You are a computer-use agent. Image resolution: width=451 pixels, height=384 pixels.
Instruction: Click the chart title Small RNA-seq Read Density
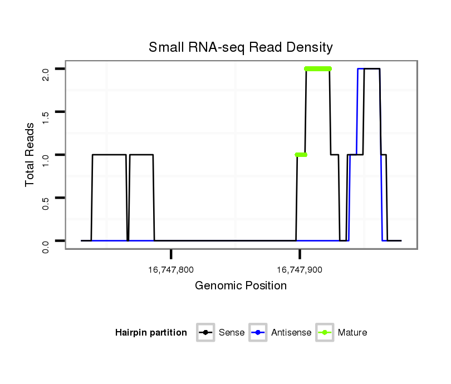(241, 47)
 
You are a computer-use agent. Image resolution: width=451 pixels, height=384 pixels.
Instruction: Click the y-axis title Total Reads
(31, 155)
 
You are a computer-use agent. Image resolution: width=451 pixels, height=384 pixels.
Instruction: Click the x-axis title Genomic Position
(241, 286)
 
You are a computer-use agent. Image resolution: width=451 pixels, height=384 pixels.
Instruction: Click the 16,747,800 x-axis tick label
(171, 270)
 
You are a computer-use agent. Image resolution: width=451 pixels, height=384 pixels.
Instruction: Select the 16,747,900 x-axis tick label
(300, 270)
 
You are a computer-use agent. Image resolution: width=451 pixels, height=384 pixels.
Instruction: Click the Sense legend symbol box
(205, 333)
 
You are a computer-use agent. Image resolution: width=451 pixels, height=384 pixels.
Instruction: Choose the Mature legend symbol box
(325, 333)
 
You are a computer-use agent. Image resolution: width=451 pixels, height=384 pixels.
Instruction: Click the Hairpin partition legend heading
(151, 333)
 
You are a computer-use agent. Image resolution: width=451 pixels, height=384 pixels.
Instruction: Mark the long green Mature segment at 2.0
(318, 69)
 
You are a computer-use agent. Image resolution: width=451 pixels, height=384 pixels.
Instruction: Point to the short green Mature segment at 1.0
(301, 155)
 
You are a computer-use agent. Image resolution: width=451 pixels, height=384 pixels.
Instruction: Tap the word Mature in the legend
(352, 333)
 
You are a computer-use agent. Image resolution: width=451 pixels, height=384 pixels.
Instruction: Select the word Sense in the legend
(232, 333)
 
